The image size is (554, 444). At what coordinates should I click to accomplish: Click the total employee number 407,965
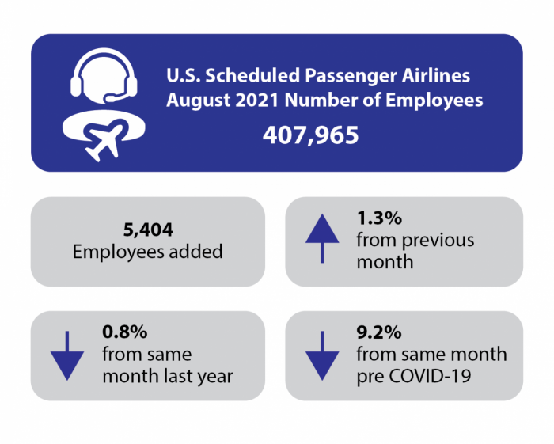point(310,135)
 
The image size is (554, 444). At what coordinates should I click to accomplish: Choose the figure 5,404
point(148,230)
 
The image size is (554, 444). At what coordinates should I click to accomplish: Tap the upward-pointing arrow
point(322,238)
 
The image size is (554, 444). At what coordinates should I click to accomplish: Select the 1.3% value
point(379,218)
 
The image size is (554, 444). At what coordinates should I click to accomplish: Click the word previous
point(438,241)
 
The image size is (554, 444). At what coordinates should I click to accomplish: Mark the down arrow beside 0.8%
point(67,355)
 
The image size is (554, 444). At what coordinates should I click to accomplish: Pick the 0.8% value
point(125,332)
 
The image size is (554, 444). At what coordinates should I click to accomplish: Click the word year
point(215,377)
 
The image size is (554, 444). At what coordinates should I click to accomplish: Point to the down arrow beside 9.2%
point(322,355)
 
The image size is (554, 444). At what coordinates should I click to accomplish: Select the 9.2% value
point(379,332)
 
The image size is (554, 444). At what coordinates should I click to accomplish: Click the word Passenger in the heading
point(351,76)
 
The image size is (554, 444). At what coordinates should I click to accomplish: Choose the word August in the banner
point(199,101)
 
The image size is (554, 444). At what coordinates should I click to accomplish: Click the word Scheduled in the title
point(252,76)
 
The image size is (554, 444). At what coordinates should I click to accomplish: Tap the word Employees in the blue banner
point(434,101)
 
